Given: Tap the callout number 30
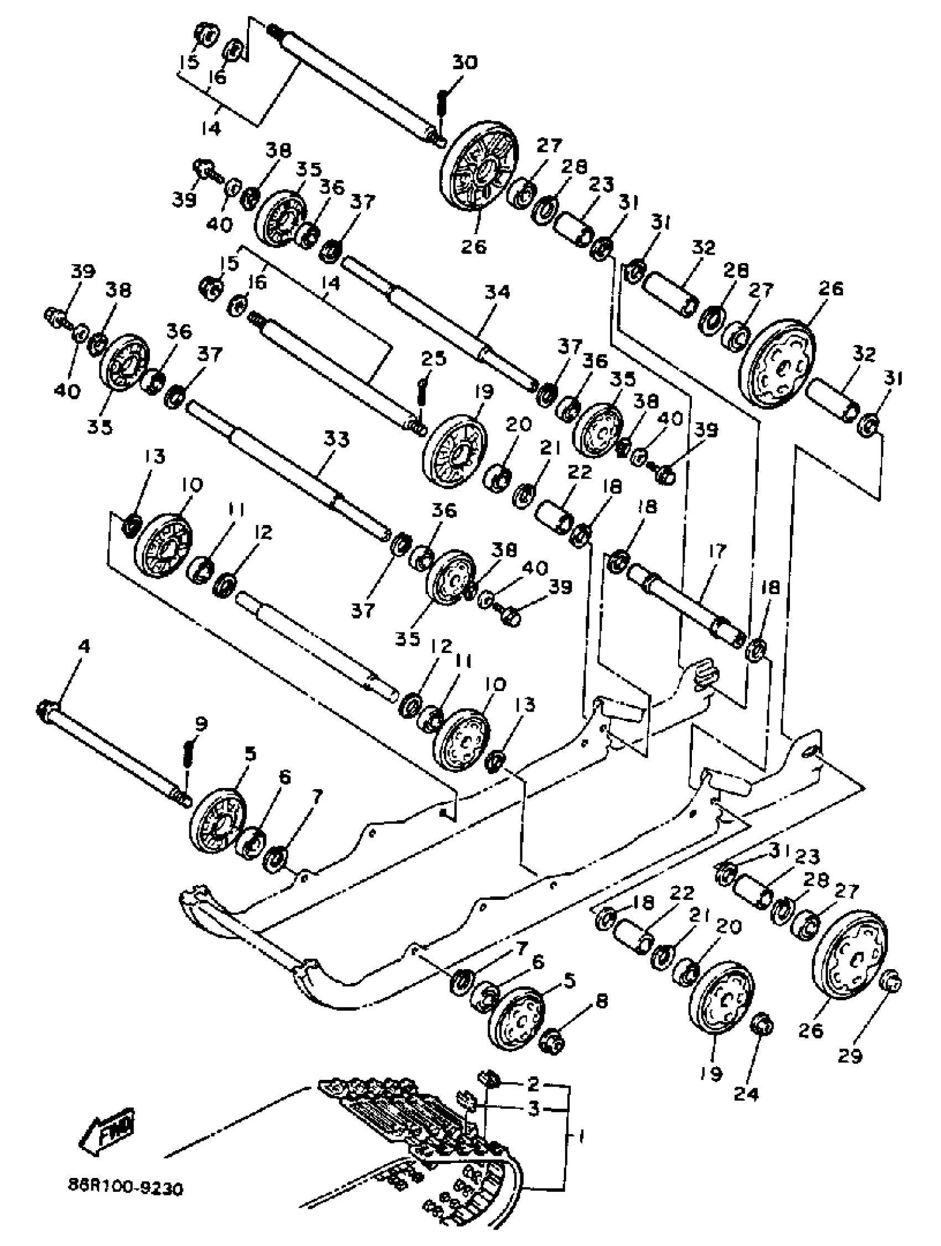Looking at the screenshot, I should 465,62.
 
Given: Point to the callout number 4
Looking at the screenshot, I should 83,647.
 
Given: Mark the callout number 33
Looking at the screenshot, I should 337,438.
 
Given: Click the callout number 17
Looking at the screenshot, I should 718,550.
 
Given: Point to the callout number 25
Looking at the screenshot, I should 433,359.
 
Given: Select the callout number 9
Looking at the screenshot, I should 201,723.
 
